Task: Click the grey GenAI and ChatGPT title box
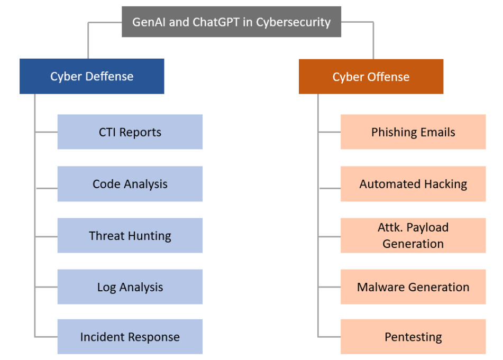click(231, 22)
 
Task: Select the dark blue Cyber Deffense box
click(92, 76)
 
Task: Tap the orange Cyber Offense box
click(371, 77)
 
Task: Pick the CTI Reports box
click(130, 132)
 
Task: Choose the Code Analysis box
click(130, 183)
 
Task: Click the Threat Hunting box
click(130, 236)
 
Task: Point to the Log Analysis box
click(130, 287)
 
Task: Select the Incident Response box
click(130, 337)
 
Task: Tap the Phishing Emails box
click(413, 132)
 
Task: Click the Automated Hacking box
click(413, 183)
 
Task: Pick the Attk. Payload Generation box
click(413, 236)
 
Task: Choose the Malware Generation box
click(413, 287)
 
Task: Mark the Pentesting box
click(413, 337)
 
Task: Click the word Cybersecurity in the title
click(293, 22)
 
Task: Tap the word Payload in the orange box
click(427, 228)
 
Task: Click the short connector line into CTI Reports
click(46, 132)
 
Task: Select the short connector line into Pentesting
click(330, 337)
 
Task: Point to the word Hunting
click(150, 236)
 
